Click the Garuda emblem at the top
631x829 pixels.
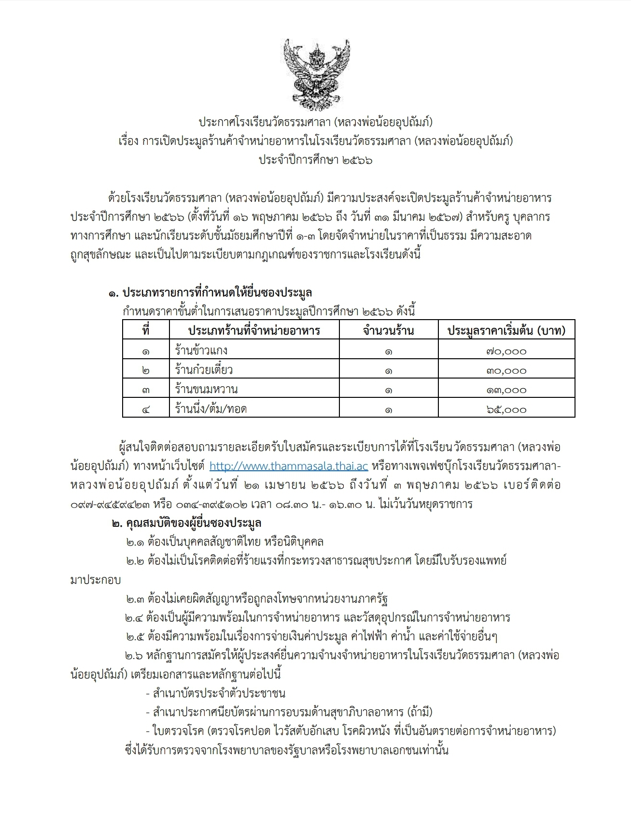point(316,69)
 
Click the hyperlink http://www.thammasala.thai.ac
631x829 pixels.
point(289,466)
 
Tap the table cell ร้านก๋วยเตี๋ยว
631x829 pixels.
point(204,370)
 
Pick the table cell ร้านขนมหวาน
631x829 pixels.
point(206,389)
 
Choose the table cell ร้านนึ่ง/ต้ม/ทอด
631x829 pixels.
point(210,409)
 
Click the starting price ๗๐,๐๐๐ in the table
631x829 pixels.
point(506,351)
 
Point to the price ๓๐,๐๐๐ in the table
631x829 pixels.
point(506,370)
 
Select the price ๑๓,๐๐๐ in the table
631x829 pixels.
point(506,390)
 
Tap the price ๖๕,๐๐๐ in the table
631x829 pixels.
point(506,409)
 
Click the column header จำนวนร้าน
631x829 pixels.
point(388,330)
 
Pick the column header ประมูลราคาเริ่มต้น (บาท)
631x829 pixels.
point(506,330)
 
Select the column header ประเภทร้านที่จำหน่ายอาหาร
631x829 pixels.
point(254,330)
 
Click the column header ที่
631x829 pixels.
point(146,330)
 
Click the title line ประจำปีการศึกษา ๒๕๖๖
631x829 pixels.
point(315,160)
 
